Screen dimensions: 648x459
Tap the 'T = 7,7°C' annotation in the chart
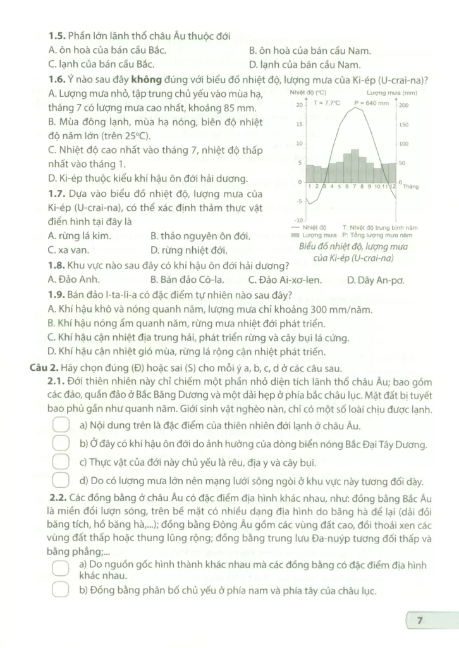click(327, 103)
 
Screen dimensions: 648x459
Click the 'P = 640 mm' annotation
click(371, 103)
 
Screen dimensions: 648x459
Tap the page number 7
click(419, 621)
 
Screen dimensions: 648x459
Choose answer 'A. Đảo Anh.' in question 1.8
click(73, 279)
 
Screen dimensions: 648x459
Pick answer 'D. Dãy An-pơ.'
click(376, 279)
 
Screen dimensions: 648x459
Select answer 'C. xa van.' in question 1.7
click(69, 250)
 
